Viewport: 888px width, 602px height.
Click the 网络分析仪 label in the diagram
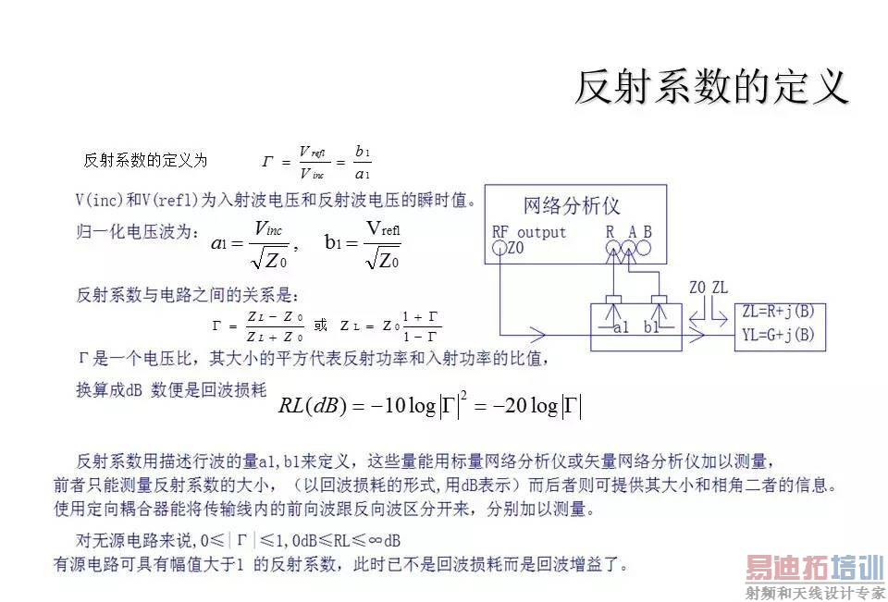pos(572,205)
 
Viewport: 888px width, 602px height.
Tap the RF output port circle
pos(498,248)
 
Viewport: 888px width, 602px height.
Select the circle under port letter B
pos(646,248)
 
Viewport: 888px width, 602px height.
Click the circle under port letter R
pos(612,248)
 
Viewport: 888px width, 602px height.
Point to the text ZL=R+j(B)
pos(778,312)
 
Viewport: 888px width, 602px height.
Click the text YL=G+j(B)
pos(778,334)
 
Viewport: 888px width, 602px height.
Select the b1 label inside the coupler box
pos(652,326)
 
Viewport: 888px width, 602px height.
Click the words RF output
pos(529,232)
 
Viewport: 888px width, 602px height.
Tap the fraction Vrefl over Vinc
pos(313,162)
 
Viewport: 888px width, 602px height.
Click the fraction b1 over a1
pos(363,162)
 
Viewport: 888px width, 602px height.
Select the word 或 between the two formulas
pos(320,326)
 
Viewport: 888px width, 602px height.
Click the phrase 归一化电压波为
pos(136,232)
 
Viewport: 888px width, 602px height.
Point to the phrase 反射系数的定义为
pos(145,160)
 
